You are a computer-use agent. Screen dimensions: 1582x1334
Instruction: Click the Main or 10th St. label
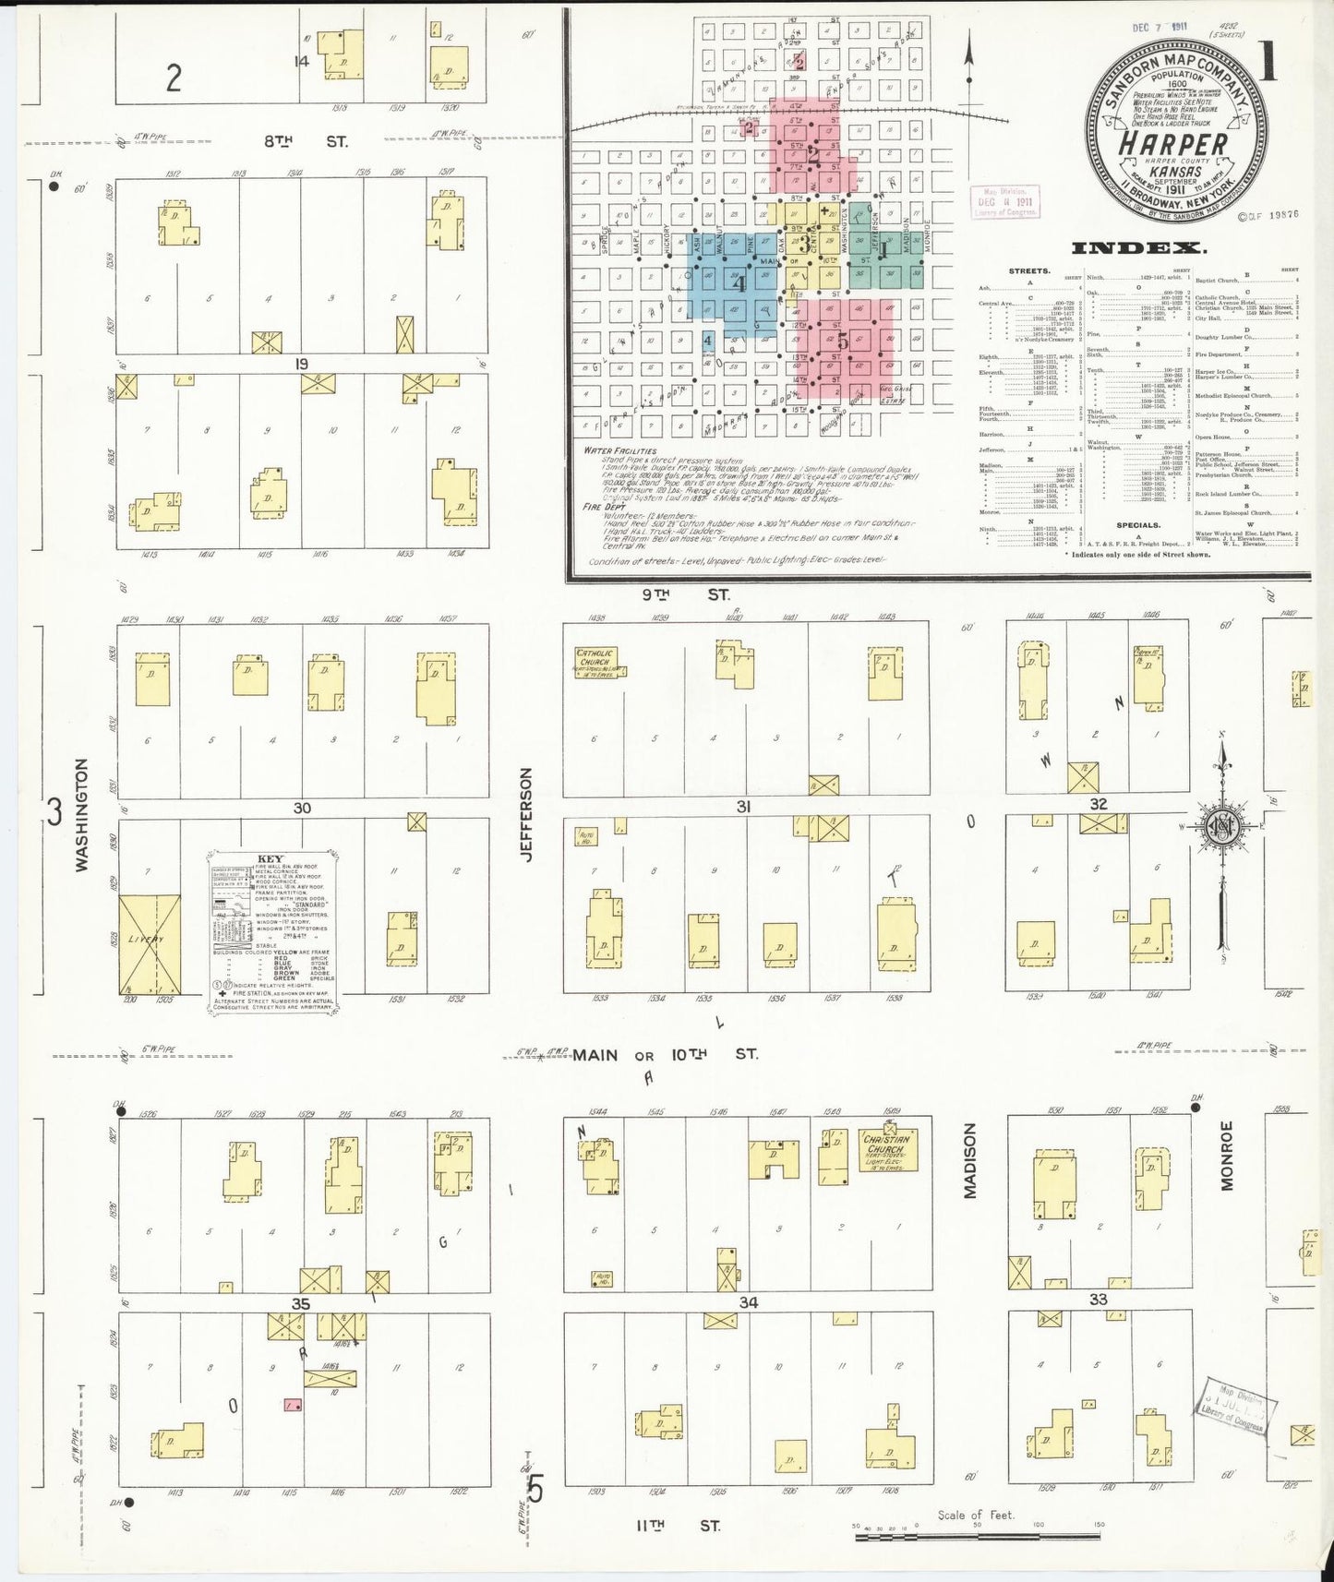point(665,1054)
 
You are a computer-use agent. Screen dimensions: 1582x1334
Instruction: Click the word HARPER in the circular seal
point(1174,144)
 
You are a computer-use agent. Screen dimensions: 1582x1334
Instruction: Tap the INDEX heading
point(1137,247)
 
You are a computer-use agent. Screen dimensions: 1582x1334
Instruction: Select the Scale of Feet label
point(976,1515)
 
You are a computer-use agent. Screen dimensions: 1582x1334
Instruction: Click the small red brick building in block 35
point(293,1405)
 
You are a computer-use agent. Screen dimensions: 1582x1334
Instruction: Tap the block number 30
point(302,808)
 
